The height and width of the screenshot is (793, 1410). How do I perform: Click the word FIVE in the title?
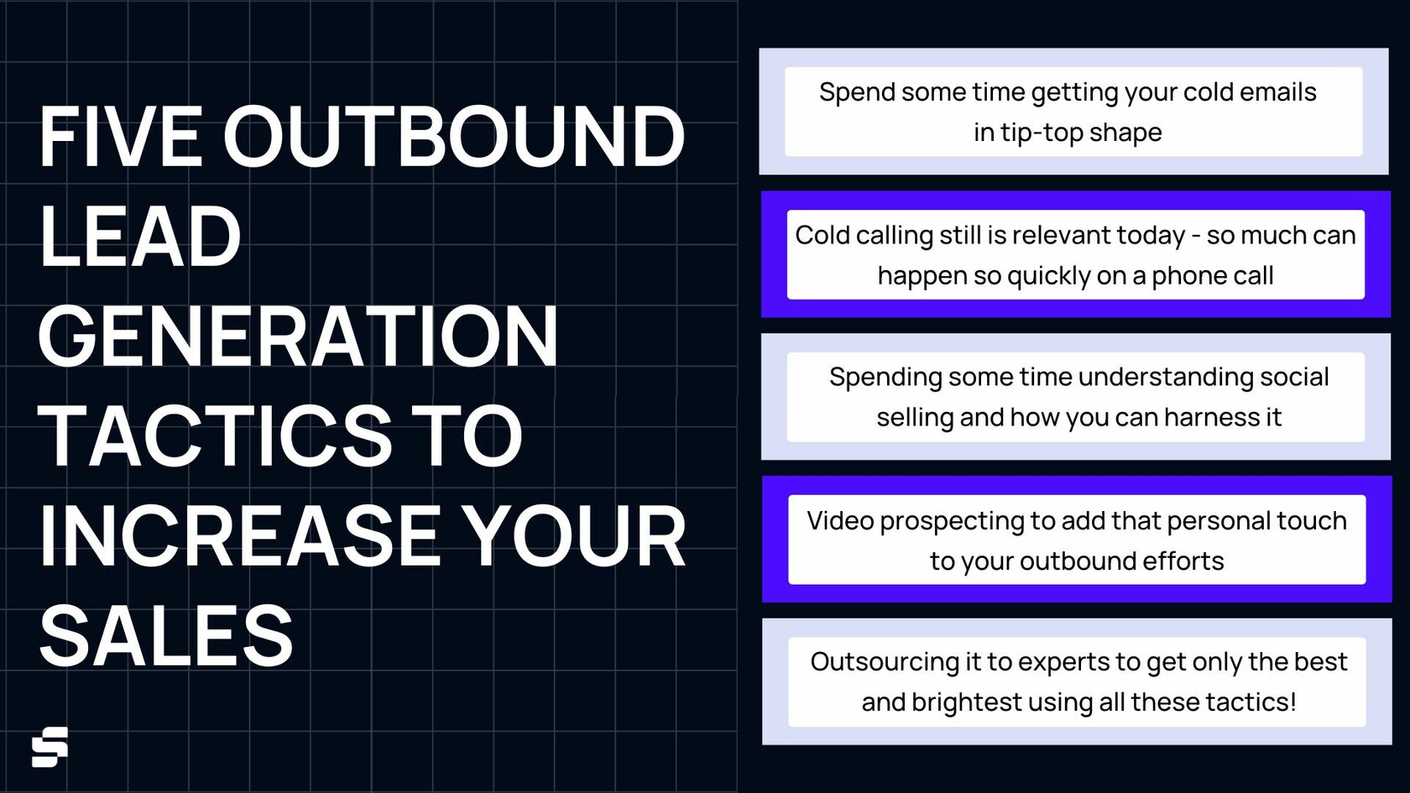120,136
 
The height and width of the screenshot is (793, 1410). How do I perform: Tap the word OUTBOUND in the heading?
453,136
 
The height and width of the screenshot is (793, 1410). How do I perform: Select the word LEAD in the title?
139,237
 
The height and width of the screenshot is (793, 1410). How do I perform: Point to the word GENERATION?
298,337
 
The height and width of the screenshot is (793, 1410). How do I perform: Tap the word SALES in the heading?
166,635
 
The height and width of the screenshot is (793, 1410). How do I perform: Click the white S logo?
50,747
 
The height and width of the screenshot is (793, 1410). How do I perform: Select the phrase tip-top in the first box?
1042,133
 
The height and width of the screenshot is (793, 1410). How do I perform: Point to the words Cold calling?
864,235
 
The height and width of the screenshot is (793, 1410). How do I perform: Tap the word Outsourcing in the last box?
884,661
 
